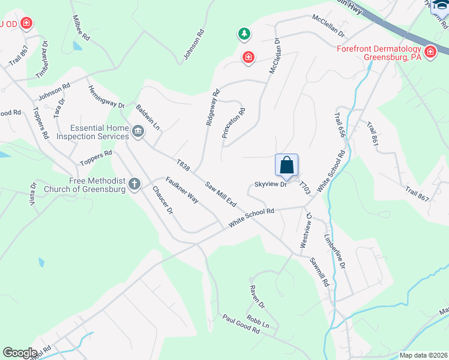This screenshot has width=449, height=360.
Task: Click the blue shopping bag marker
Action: [287, 164]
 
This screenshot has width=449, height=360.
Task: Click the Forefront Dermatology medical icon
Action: [430, 53]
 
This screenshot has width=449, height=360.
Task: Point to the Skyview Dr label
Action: [271, 185]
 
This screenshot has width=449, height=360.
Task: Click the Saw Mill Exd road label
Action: [221, 195]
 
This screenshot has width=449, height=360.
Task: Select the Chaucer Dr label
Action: [163, 201]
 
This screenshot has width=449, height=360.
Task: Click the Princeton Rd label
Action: [234, 124]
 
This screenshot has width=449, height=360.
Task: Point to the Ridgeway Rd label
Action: [212, 107]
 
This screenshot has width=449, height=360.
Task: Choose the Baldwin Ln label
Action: [148, 117]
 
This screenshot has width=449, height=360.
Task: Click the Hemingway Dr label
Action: [105, 97]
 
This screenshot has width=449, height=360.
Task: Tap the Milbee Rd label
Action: [82, 28]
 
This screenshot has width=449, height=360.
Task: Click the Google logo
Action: [20, 353]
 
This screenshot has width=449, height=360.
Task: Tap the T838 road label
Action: [183, 164]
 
